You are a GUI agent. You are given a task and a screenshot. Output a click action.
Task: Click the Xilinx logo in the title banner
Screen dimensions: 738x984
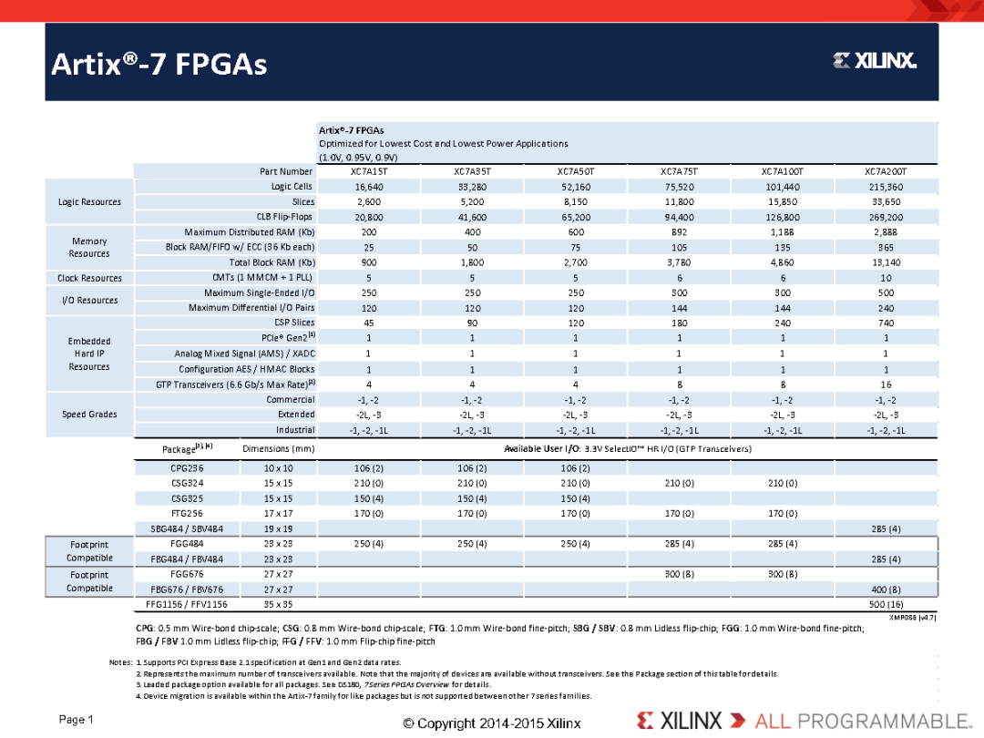(x=874, y=60)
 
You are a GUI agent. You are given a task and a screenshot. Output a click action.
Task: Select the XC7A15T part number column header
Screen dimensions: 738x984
(x=369, y=171)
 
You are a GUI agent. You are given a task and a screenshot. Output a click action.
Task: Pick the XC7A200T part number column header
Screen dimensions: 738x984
(x=886, y=171)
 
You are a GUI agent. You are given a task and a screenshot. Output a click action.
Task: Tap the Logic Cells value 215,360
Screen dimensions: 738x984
(x=886, y=187)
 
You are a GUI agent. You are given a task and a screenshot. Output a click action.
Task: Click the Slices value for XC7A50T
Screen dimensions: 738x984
(x=576, y=202)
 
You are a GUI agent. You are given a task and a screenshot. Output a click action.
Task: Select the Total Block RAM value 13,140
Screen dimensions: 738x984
(x=886, y=262)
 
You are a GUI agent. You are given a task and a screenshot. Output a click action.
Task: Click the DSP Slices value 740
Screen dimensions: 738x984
(x=886, y=323)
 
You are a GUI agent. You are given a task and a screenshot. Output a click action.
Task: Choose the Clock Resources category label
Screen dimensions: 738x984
(x=89, y=278)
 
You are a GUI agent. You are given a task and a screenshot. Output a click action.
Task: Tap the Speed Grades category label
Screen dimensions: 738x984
(x=89, y=415)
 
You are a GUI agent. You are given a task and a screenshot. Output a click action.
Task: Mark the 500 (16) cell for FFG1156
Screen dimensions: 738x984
(x=886, y=604)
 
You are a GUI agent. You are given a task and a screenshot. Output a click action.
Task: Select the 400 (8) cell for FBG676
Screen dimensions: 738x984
(x=886, y=589)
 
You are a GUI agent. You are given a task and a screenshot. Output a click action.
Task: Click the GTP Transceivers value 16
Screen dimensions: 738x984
(x=886, y=384)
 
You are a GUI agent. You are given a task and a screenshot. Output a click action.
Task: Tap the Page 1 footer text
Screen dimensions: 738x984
(x=77, y=720)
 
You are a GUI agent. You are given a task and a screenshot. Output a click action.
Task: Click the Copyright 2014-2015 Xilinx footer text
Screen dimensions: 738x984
(x=492, y=723)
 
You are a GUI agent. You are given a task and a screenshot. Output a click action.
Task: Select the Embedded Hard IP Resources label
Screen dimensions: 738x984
(x=89, y=354)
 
